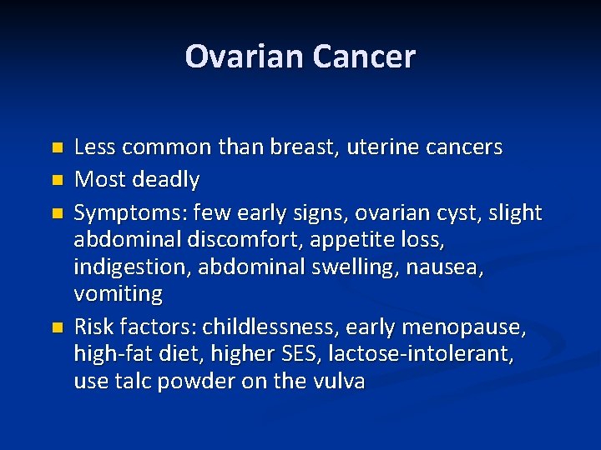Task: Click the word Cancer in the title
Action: pos(364,57)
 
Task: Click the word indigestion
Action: pos(129,267)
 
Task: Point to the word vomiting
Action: pos(118,294)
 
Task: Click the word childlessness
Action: pos(267,327)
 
